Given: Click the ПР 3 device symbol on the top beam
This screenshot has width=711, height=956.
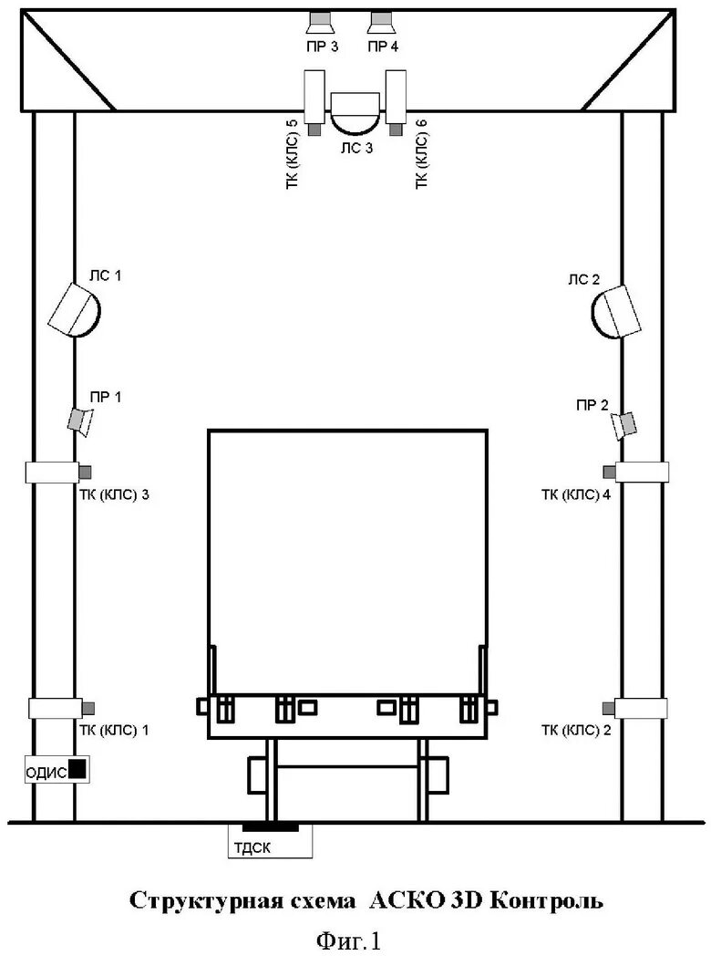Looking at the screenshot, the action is [x=321, y=23].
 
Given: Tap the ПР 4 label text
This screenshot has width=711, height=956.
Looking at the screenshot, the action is [x=383, y=47].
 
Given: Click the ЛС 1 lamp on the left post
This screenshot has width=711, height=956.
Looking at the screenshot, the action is [x=75, y=310].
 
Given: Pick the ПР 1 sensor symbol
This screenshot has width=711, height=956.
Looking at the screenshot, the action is [x=80, y=422].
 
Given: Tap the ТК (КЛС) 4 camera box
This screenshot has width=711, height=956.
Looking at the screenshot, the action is [x=636, y=472].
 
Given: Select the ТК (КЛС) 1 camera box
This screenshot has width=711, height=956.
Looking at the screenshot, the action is [x=62, y=708].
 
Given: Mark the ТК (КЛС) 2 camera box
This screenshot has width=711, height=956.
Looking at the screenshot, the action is [x=634, y=708].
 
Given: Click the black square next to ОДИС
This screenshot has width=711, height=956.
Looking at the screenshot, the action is [x=77, y=769].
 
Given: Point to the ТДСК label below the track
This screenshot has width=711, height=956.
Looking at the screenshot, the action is [x=252, y=847].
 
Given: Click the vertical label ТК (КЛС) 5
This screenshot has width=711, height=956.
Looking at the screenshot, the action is [x=292, y=154].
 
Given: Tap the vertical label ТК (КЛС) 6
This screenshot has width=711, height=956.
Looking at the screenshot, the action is [x=421, y=154].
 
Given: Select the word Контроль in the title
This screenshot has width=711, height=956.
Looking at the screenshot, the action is [x=546, y=900].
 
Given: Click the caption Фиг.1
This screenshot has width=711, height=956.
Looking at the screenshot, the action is [x=349, y=940].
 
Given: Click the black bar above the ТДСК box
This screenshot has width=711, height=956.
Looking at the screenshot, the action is [x=271, y=827].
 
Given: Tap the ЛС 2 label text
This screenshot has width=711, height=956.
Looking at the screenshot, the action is [x=583, y=280].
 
